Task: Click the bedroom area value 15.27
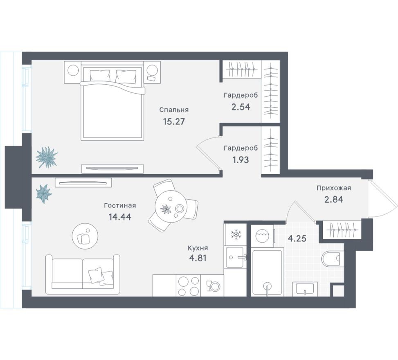[x=174, y=122]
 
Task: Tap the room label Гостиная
[x=120, y=206]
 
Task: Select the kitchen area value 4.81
[x=198, y=258]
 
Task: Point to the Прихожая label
[x=333, y=188]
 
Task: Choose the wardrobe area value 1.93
[x=241, y=160]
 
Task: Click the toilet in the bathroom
[x=331, y=259]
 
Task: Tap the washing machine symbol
[x=261, y=236]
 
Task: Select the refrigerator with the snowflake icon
[x=236, y=234]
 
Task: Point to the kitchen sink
[x=235, y=257]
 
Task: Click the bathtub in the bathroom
[x=268, y=272]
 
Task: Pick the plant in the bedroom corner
[x=46, y=157]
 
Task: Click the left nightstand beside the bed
[x=73, y=70]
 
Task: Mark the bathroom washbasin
[x=305, y=289]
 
